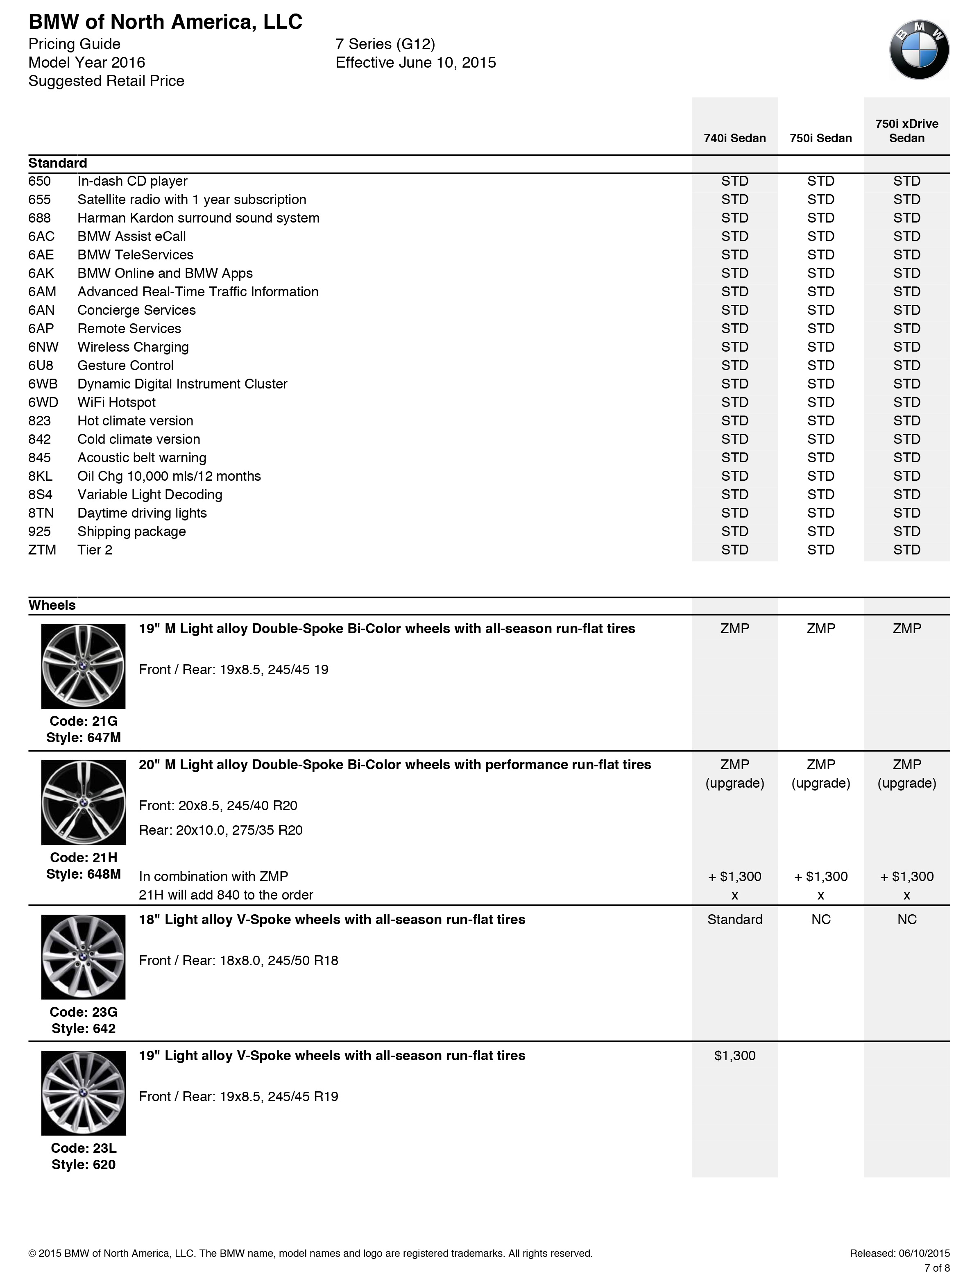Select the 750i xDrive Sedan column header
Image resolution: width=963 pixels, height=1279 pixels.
coord(906,131)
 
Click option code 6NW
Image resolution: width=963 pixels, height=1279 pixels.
coord(43,347)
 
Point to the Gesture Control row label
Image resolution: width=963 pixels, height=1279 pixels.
coord(125,366)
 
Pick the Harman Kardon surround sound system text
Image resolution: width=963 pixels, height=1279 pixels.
coord(198,218)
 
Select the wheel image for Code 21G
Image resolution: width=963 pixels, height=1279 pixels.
coord(83,666)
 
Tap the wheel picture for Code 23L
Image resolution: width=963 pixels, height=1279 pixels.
coord(83,1093)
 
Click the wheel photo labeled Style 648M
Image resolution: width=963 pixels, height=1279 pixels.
coord(83,802)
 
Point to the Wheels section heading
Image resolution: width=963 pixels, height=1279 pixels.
coord(52,605)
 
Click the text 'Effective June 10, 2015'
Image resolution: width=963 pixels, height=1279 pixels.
coord(416,62)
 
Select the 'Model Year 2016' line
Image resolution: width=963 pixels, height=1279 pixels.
coord(87,62)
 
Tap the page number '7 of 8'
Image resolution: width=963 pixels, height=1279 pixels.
coord(936,1268)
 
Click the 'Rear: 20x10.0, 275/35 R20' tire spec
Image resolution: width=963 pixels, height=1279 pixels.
coord(221,830)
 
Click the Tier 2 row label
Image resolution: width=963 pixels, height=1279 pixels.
coord(95,550)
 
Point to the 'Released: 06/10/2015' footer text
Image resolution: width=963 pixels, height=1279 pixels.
coord(900,1254)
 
